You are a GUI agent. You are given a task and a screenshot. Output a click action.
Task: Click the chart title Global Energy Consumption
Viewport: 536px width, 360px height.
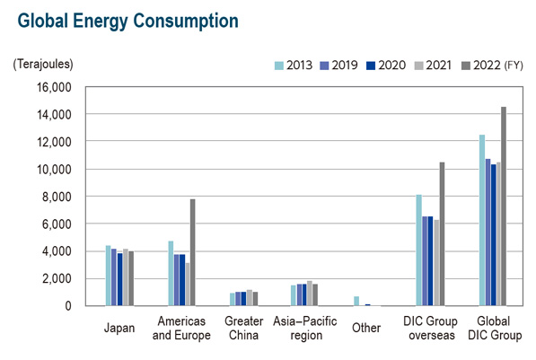127,21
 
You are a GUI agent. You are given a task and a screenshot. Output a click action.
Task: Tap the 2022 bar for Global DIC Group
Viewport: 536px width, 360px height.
504,206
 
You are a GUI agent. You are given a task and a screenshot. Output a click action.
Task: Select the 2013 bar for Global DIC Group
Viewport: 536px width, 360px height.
482,220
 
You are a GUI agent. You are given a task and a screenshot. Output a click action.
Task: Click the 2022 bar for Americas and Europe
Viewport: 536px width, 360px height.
193,252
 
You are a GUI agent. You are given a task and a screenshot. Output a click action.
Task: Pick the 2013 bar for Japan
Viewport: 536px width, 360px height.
108,276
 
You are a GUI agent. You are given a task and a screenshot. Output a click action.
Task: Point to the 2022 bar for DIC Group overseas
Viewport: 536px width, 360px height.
442,233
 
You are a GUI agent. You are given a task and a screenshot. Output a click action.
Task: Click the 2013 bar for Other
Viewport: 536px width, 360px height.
356,301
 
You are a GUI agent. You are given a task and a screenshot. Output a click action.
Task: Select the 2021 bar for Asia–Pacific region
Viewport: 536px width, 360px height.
310,294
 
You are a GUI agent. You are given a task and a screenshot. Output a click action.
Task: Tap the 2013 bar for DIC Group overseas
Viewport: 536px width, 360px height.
418,250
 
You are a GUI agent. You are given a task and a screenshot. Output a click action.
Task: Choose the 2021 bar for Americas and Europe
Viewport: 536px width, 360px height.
188,284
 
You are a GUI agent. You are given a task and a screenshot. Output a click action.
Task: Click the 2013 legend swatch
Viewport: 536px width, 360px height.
279,66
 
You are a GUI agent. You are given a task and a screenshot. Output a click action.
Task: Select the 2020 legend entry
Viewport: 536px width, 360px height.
385,65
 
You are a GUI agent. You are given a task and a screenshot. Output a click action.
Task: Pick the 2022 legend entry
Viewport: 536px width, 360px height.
480,65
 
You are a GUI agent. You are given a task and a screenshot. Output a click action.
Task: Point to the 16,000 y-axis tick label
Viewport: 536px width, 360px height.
55,87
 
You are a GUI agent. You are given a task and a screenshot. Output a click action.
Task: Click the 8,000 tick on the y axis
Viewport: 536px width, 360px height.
57,197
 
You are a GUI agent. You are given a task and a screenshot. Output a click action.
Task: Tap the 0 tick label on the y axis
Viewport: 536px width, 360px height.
68,305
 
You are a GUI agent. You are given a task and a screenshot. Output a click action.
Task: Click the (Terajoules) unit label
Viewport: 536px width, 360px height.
43,64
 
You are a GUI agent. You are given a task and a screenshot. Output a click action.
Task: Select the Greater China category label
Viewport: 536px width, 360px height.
243,328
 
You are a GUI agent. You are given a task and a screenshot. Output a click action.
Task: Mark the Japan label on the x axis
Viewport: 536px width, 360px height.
119,328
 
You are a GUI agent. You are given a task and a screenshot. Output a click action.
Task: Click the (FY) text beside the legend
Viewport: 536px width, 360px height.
514,65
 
